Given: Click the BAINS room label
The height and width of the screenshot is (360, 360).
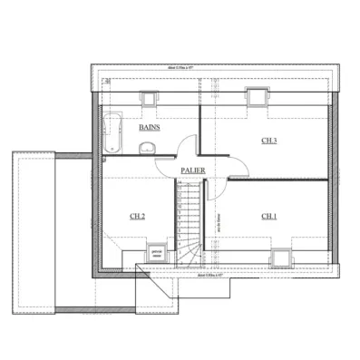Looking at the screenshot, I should (x=150, y=128).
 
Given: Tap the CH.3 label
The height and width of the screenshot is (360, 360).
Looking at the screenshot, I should (x=268, y=141).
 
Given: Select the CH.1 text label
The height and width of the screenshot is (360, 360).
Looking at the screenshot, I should (x=268, y=216).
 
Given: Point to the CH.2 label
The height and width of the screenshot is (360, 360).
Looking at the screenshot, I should (x=137, y=216).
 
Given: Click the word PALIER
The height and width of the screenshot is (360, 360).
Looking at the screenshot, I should (x=191, y=170).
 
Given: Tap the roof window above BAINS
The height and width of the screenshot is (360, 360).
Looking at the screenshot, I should (x=147, y=96).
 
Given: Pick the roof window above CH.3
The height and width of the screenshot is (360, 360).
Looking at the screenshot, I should (x=257, y=95).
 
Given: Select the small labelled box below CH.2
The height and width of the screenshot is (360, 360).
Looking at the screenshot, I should (x=155, y=251).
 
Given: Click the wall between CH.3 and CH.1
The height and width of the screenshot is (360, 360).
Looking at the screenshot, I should (x=277, y=180).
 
